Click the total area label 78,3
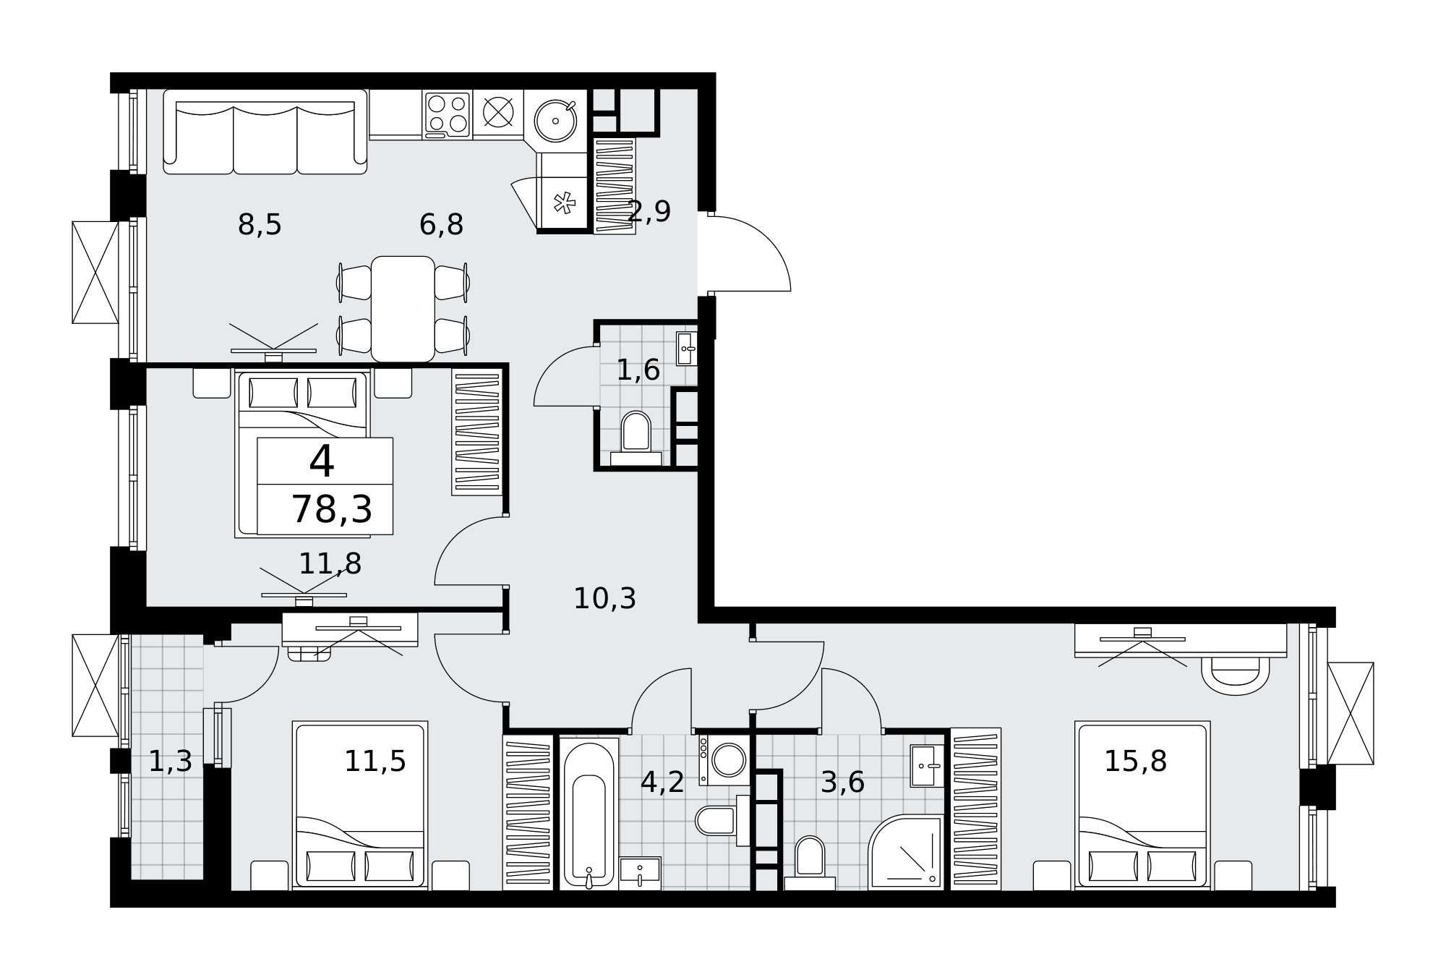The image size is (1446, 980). coord(332,510)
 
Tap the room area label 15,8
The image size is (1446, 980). coord(1135,762)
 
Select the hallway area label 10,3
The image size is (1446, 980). coord(604,599)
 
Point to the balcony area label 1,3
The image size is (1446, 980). coord(171,762)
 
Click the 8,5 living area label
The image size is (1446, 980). coord(260,225)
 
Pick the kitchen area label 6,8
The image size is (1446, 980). coord(441,225)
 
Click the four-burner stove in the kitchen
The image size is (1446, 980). coord(447,114)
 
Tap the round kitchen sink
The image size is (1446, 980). coord(555,121)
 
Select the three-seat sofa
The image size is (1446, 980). coord(265,132)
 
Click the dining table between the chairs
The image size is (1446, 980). coord(403,309)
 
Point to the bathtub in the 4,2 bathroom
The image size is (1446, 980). coord(589,814)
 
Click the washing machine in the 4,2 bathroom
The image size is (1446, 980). coord(724,760)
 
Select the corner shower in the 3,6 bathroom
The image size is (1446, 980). coord(906,852)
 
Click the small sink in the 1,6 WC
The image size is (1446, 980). coord(686,349)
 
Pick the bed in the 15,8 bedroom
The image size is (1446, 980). coord(1142,805)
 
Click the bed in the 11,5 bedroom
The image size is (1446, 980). coord(360,805)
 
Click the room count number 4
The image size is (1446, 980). coord(322,461)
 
